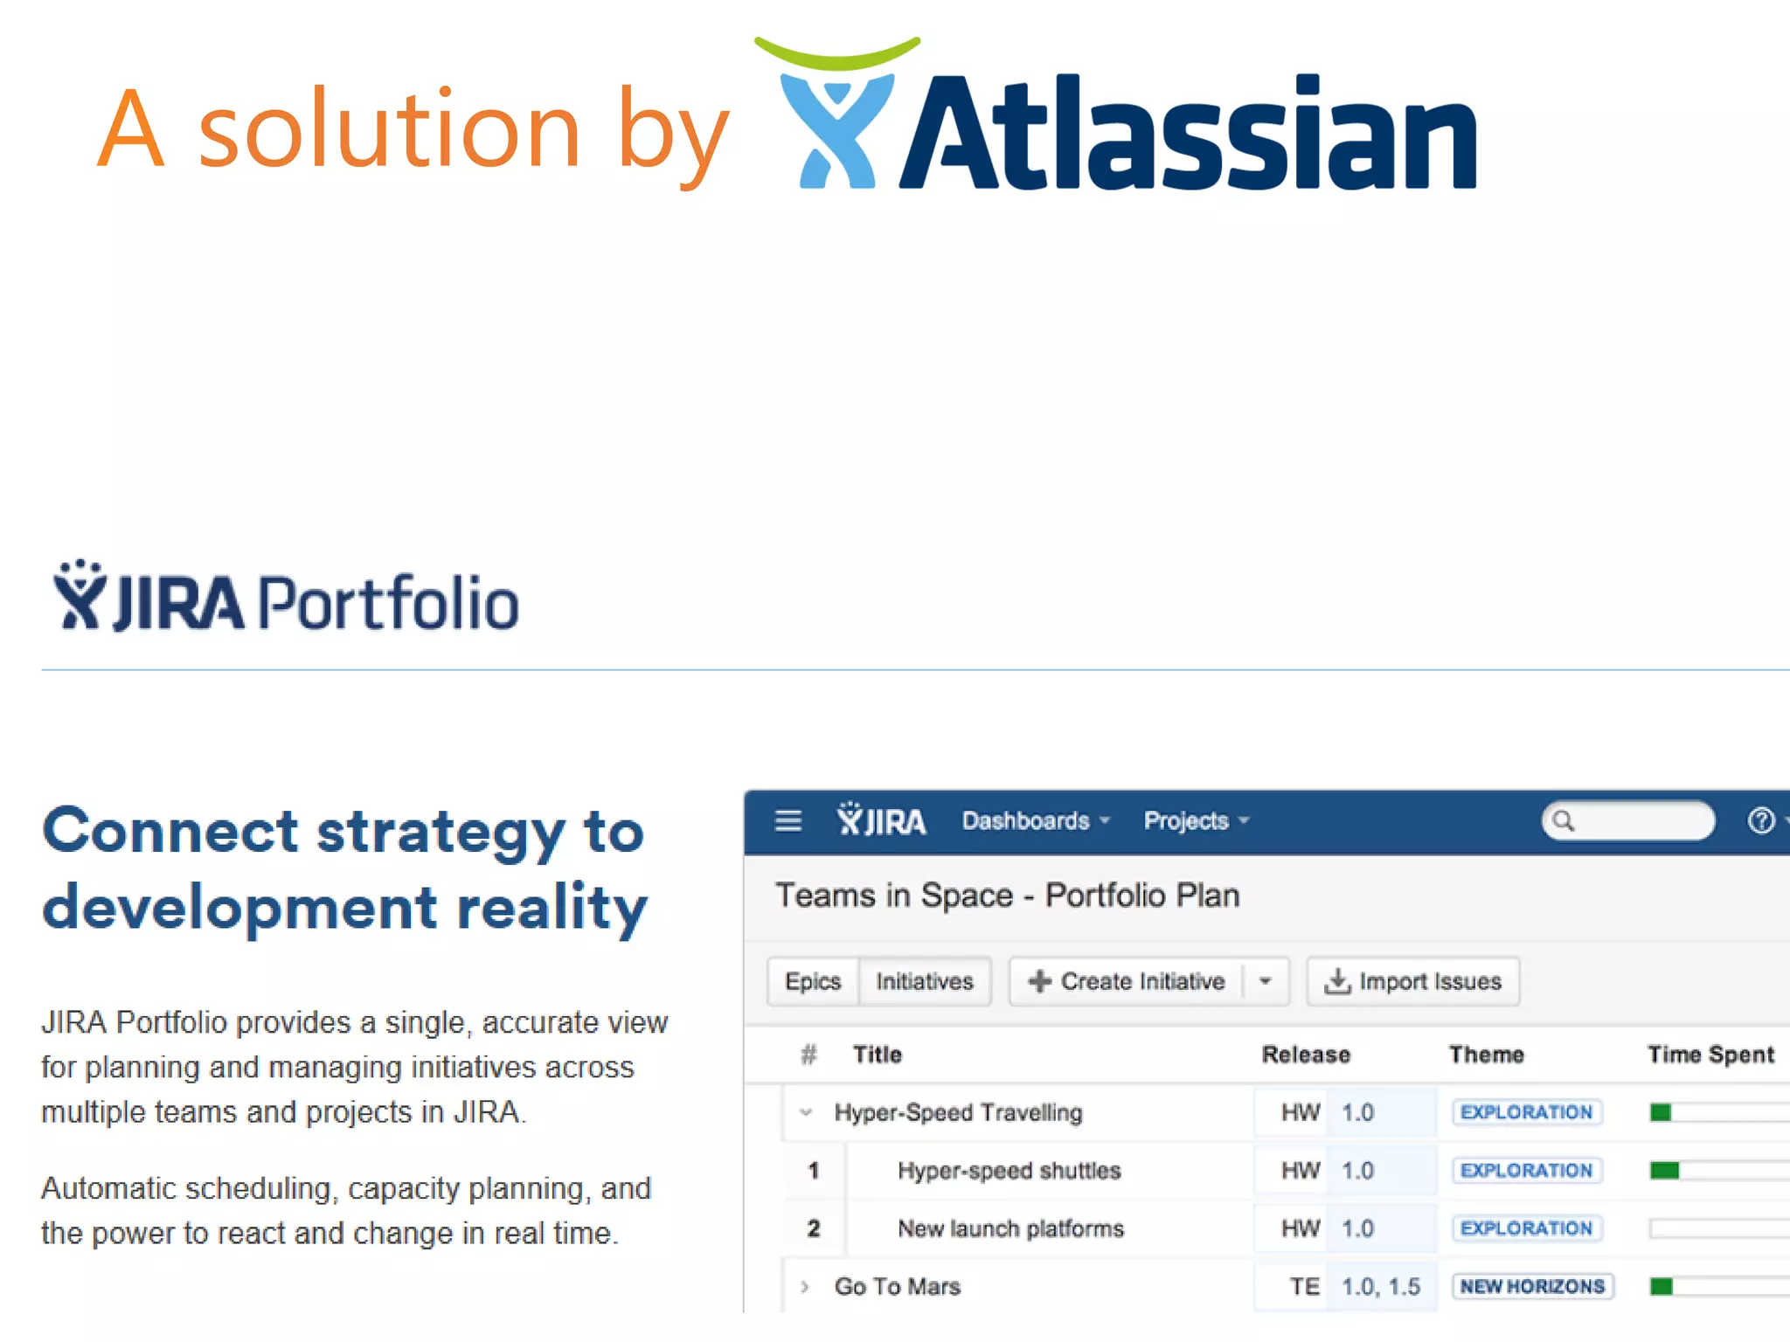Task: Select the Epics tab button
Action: pyautogui.click(x=813, y=981)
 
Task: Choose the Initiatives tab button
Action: pyautogui.click(x=924, y=981)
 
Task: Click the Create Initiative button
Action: pyautogui.click(x=1127, y=981)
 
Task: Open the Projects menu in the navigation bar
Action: pyautogui.click(x=1195, y=821)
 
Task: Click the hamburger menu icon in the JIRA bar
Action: pyautogui.click(x=788, y=820)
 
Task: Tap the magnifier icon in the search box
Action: pyautogui.click(x=1564, y=821)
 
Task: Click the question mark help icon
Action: pyautogui.click(x=1760, y=821)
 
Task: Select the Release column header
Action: pyautogui.click(x=1306, y=1055)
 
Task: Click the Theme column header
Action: pyautogui.click(x=1486, y=1055)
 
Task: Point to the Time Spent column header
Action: pyautogui.click(x=1710, y=1055)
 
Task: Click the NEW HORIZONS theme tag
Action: pyautogui.click(x=1532, y=1286)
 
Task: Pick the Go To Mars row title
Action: pyautogui.click(x=897, y=1286)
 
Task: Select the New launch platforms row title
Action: pyautogui.click(x=1010, y=1228)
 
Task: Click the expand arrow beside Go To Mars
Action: pyautogui.click(x=805, y=1286)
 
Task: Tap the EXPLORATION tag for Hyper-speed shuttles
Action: pyautogui.click(x=1526, y=1170)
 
